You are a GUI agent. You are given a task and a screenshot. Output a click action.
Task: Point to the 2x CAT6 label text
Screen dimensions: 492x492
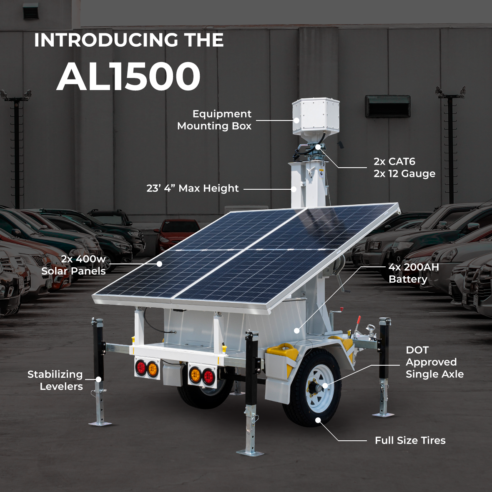(394, 162)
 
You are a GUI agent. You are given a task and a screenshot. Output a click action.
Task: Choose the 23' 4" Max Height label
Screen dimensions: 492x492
(193, 188)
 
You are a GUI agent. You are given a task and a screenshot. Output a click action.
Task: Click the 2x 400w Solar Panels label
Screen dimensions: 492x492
(74, 265)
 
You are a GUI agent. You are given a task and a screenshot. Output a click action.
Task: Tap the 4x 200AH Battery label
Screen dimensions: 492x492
(414, 273)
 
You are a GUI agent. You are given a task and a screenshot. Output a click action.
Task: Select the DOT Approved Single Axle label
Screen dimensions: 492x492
(434, 362)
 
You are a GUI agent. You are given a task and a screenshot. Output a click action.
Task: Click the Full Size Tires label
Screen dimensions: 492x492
(410, 440)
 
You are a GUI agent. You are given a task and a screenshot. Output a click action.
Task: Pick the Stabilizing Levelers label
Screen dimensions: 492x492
(55, 380)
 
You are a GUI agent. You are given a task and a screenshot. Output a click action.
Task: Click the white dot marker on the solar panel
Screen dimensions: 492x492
(159, 264)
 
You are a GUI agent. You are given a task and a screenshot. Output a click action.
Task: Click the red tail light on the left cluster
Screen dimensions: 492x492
(141, 368)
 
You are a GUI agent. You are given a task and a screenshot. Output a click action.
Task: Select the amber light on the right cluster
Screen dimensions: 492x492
(195, 374)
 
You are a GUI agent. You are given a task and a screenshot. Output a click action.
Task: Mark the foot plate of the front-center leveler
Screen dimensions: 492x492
(250, 453)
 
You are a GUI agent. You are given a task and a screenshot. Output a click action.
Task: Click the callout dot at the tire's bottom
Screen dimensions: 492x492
(318, 420)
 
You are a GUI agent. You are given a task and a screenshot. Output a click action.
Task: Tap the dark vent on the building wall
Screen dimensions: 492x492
(388, 106)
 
